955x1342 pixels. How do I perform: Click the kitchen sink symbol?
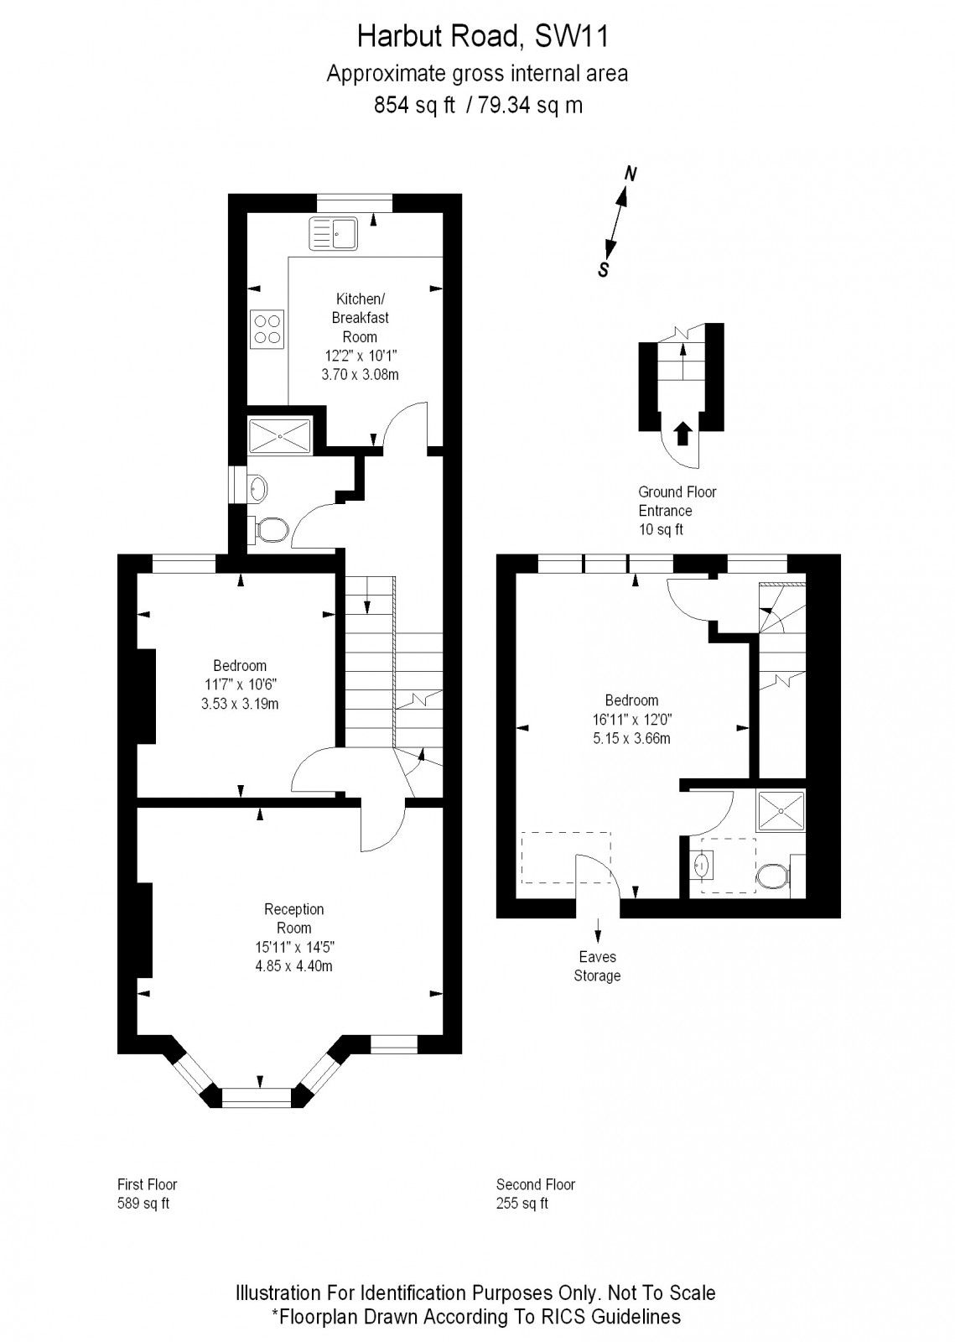[x=333, y=233]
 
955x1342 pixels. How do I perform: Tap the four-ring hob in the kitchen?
[x=267, y=328]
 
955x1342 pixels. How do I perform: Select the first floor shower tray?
[x=280, y=434]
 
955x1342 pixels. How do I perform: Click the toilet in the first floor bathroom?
[x=270, y=528]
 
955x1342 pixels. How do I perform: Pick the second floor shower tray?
[x=781, y=811]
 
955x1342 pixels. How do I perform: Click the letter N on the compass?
[x=631, y=174]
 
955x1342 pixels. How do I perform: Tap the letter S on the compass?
[x=603, y=270]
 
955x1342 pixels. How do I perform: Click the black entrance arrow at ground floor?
[x=683, y=434]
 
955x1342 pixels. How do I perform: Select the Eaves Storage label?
[x=597, y=966]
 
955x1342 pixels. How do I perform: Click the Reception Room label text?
[x=293, y=918]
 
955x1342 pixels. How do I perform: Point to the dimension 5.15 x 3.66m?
[x=631, y=738]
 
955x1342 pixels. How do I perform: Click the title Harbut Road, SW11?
[x=477, y=37]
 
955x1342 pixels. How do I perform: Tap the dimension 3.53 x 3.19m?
[x=240, y=704]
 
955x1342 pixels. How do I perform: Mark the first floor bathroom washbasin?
[x=259, y=486]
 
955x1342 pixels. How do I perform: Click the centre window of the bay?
[x=257, y=1094]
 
